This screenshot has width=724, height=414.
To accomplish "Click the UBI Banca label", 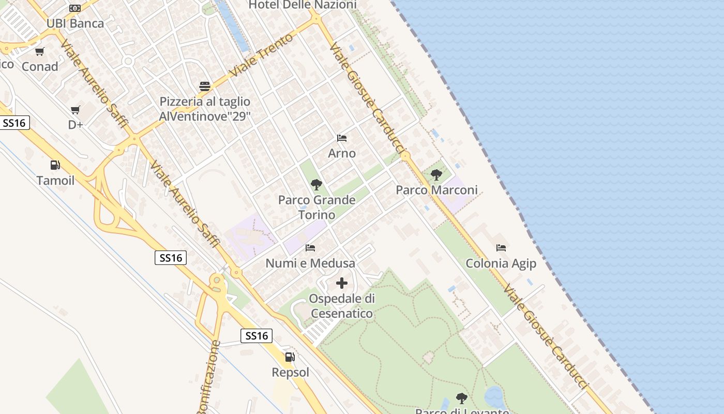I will coord(75,23).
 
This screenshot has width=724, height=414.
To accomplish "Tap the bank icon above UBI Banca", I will coord(75,8).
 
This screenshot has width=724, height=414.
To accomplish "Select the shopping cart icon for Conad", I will coord(40,51).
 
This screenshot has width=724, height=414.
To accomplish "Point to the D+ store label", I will coord(76,125).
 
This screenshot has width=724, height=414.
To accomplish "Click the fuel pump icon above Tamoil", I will coord(55,165).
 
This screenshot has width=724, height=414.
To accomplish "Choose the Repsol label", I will coord(291,372).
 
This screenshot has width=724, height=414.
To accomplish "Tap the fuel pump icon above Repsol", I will coord(290,357).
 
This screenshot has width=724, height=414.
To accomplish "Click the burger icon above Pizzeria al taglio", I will coord(205,86).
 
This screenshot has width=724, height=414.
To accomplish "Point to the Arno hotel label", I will coord(342,153).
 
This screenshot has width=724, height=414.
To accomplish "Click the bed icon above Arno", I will coord(342,138).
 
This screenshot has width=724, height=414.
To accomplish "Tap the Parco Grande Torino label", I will coord(316,207).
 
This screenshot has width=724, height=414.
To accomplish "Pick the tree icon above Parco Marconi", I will coord(436,175).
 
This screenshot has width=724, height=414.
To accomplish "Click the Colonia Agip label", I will coord(501,263).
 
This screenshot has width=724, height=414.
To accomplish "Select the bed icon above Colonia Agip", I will coord(501,248).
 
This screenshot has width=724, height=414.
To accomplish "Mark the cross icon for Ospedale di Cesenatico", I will coord(342,283).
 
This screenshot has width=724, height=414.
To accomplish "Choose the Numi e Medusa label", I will coord(310,263).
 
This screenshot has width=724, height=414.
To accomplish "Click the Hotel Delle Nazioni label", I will coord(303,5).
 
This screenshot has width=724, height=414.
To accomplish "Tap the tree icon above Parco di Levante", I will coord(462,398).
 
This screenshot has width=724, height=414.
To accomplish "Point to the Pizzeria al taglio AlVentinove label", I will coord(205,109).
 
